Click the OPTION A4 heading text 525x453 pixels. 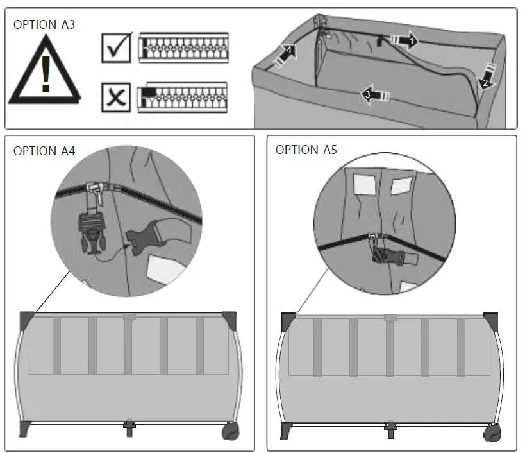tap(44, 151)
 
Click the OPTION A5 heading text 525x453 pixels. tap(306, 150)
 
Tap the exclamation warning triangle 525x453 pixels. tap(45, 73)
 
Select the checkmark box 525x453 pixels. tap(116, 48)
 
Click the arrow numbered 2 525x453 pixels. tap(486, 76)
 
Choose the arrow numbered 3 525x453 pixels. tap(374, 94)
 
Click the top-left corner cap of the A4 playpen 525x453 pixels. tap(28, 318)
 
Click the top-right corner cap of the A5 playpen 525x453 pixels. tap(491, 319)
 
